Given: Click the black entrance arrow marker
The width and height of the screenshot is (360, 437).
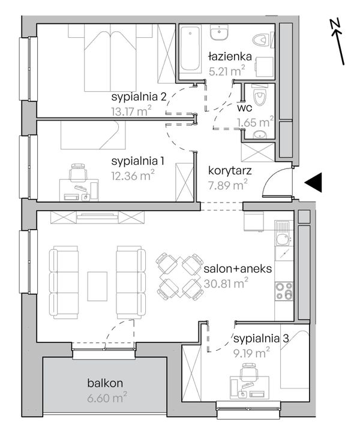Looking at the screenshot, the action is [315, 182].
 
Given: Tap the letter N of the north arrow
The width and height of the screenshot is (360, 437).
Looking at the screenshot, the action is [334, 24].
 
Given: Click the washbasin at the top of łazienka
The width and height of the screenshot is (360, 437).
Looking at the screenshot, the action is [219, 32].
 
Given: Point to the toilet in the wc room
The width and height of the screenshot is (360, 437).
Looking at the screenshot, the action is [260, 95].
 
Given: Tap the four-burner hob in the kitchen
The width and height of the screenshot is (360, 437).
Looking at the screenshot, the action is [284, 291].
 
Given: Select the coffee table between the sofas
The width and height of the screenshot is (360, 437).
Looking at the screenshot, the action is [97, 287].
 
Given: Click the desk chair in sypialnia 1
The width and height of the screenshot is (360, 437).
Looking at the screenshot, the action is [78, 172].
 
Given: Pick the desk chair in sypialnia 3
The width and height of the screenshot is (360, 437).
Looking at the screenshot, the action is [249, 372].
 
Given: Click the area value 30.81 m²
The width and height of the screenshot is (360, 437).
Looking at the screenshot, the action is [226, 284].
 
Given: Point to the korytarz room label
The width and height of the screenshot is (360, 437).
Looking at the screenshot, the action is [230, 171].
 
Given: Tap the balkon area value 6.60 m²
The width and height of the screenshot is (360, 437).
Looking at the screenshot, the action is [107, 397].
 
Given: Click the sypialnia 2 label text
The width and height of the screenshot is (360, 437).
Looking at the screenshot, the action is [139, 97].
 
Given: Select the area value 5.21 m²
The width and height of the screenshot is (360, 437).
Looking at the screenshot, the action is [227, 71].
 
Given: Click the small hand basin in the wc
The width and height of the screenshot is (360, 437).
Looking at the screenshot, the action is [260, 135].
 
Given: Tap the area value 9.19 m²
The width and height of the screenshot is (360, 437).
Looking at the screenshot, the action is [251, 353].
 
